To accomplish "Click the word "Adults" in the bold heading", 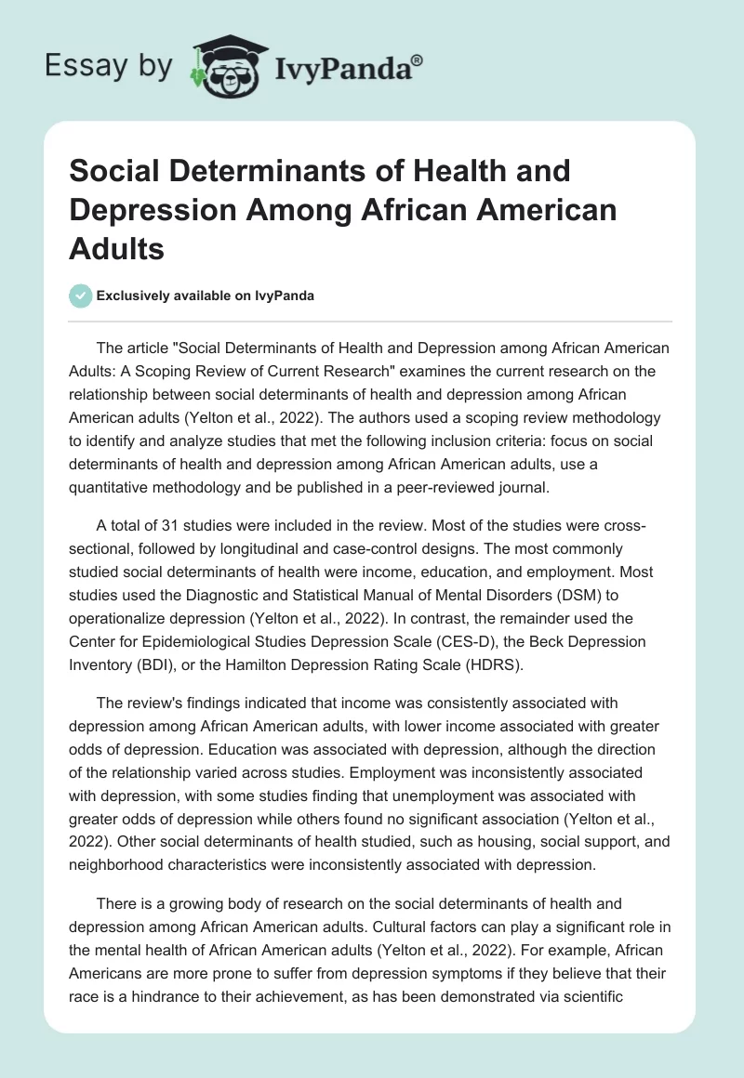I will tap(115, 248).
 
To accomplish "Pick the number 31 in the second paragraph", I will tap(172, 526).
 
